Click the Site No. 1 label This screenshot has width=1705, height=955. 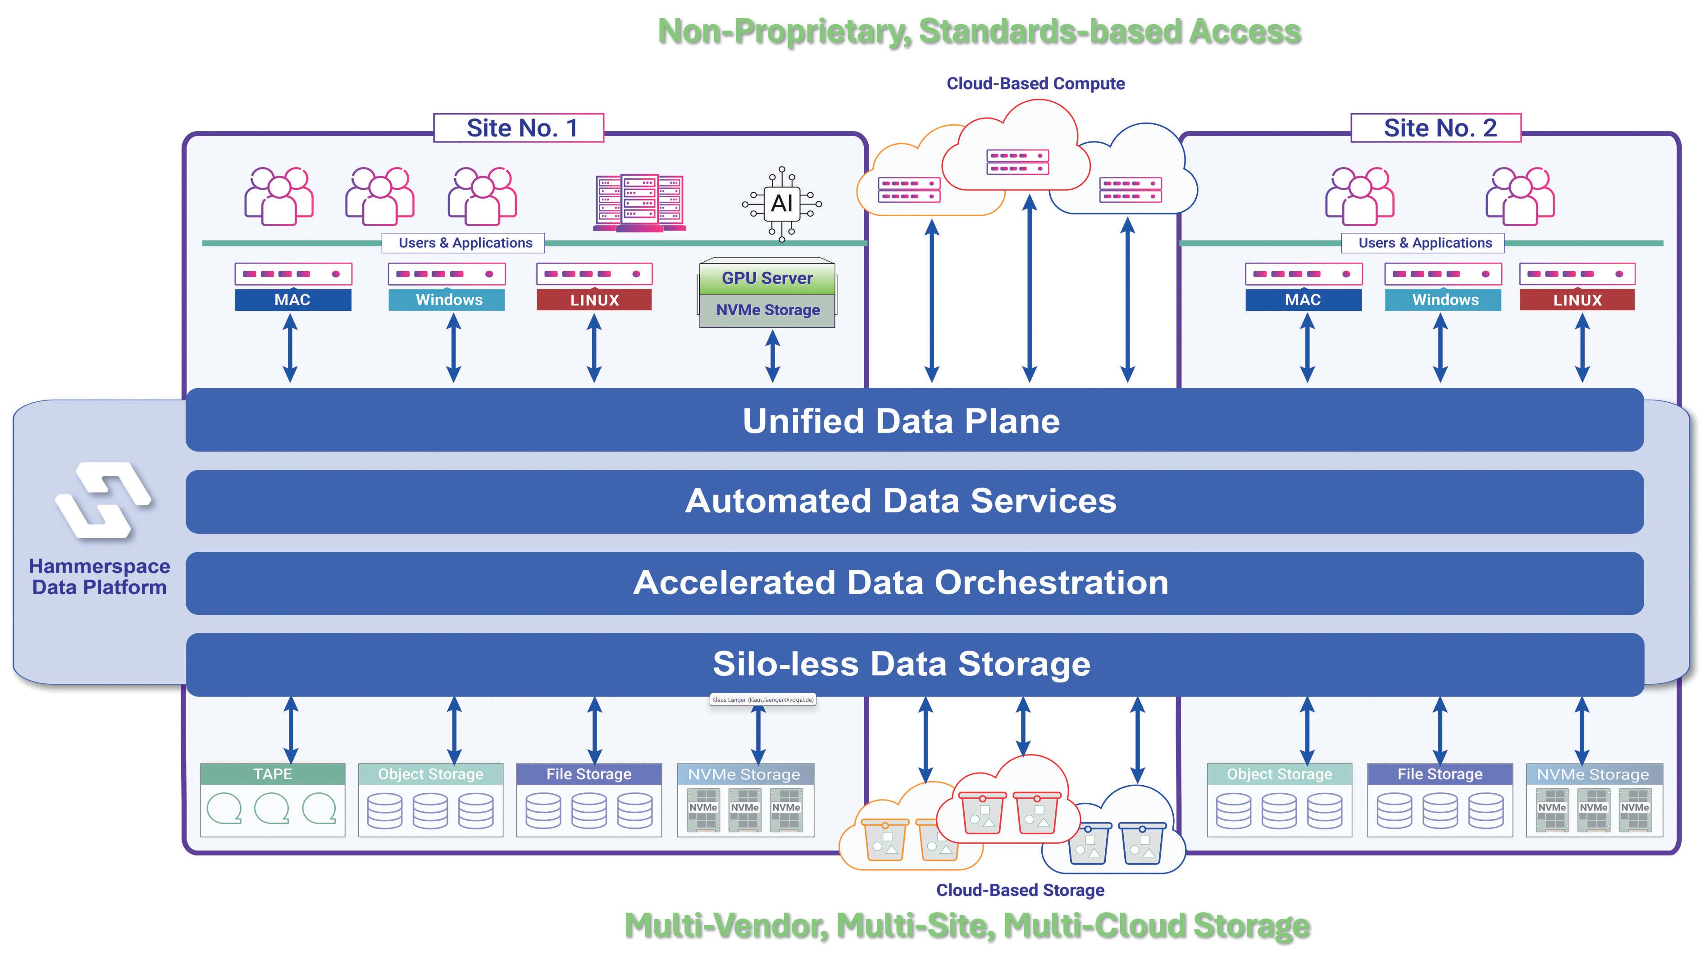519,128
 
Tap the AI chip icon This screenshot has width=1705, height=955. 782,203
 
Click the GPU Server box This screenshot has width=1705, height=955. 767,278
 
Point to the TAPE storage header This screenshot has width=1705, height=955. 273,773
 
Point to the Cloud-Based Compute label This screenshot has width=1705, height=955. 1035,83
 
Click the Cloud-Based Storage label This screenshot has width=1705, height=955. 1020,890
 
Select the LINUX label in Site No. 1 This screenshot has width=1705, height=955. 594,300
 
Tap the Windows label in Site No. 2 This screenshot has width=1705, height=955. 1445,300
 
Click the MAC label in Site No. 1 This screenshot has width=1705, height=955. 292,300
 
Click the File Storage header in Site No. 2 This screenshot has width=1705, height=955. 1440,773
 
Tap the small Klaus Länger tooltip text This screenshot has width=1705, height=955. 762,700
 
